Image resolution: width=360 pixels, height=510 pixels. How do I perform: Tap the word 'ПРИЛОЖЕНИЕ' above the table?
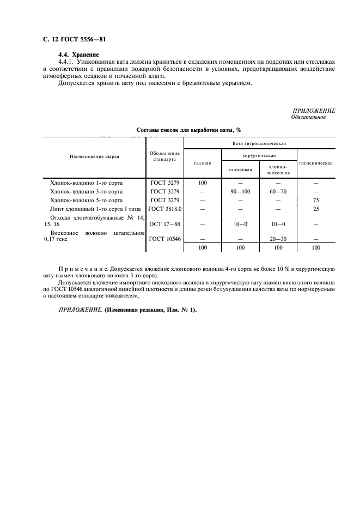coord(314,111)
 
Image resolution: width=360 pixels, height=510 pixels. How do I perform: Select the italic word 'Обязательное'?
coord(308,117)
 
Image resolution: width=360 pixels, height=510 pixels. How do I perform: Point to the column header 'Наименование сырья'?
coord(94,156)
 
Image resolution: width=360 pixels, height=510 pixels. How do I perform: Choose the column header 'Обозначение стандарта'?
coord(164,156)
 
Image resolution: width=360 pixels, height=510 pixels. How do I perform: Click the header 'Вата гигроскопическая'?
coord(259,143)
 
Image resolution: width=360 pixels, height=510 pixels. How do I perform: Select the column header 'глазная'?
coord(203,163)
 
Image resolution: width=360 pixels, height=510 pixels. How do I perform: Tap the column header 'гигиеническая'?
coord(316,163)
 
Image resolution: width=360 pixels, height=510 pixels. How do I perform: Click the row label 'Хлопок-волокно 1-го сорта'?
coord(86,183)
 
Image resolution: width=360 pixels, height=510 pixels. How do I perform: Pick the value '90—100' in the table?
coord(240,191)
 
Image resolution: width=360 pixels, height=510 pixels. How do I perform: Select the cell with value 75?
coord(316,200)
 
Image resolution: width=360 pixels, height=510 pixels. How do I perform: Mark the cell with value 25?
coord(316,209)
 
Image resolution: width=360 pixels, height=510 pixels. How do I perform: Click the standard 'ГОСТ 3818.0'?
coord(164,209)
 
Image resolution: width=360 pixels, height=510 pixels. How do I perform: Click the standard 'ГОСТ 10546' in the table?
coord(164,238)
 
